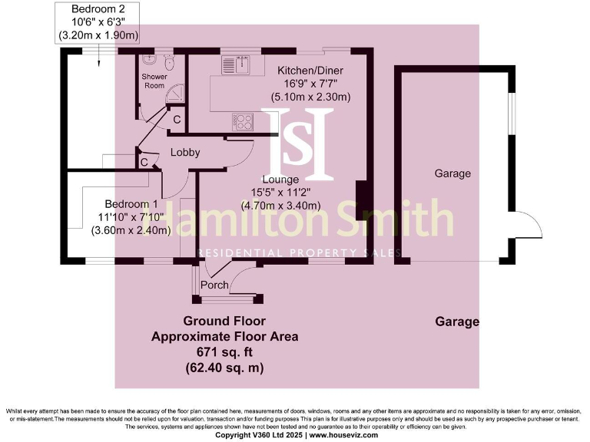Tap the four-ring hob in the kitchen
(244, 121)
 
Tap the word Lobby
(185, 152)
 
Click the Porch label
(214, 285)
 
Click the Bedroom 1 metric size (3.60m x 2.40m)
(131, 230)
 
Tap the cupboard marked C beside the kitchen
(176, 120)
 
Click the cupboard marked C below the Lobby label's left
(144, 163)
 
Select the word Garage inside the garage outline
(452, 173)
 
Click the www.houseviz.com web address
(344, 435)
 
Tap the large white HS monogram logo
(300, 141)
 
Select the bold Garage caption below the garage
(457, 322)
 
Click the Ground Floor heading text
(224, 321)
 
